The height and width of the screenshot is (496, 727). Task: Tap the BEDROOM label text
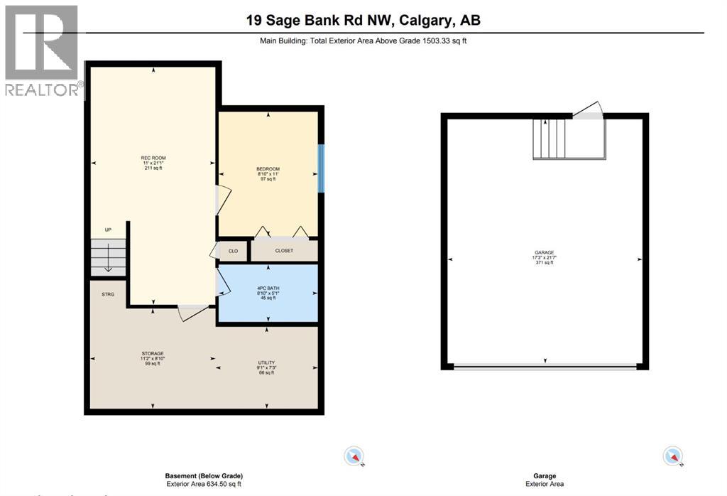tap(268, 169)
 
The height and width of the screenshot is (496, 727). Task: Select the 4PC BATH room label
tap(268, 288)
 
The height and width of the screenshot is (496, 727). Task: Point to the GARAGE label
tap(545, 252)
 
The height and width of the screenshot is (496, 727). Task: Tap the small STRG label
tap(107, 293)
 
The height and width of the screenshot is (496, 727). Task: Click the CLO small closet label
tap(233, 251)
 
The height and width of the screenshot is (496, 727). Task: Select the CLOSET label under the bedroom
tap(284, 251)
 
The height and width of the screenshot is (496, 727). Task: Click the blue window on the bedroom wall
tap(321, 168)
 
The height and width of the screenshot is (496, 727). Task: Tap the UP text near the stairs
tap(107, 230)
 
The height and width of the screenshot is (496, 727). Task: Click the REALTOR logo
tap(42, 50)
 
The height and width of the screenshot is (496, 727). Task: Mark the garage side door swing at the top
tap(589, 110)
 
